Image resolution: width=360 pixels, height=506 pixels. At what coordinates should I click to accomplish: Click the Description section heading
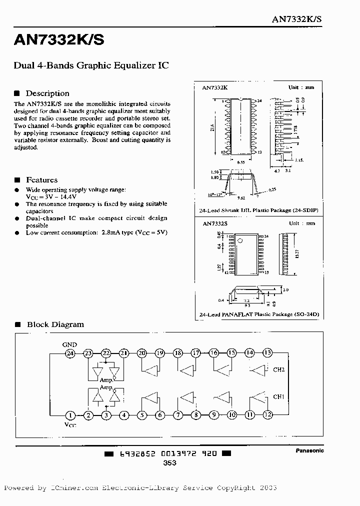coord(47,93)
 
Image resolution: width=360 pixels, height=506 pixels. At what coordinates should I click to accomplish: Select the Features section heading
coord(41,180)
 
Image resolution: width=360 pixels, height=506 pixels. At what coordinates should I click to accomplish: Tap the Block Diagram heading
coord(55,324)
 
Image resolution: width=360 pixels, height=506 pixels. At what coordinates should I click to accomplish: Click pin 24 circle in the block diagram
coord(70,353)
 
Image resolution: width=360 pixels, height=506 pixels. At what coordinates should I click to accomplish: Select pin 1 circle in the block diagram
coord(70,415)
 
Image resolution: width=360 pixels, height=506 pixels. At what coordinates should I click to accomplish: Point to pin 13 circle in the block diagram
coord(267,352)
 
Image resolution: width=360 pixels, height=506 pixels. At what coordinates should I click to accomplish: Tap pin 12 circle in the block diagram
coord(267,414)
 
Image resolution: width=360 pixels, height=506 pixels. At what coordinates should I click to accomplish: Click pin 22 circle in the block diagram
coord(106,353)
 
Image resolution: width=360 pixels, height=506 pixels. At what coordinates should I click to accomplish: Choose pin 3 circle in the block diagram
coord(106,415)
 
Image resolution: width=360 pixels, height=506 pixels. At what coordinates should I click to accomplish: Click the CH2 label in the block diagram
coord(278,370)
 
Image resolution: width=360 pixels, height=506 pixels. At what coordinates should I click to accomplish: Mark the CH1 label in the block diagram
coord(278,397)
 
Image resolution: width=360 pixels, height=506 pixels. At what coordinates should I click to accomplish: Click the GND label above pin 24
coord(69,344)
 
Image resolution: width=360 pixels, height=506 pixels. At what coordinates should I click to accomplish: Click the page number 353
coord(169,463)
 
